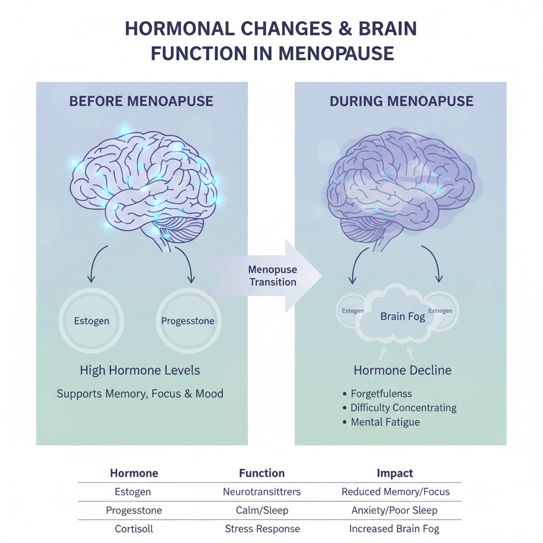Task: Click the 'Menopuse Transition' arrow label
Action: pos(273,276)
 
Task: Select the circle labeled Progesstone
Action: pos(187,321)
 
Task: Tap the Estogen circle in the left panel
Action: pos(92,321)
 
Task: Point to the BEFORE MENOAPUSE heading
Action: pos(141,101)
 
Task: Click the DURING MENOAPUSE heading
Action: pos(401,101)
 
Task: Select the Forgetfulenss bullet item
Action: pos(381,394)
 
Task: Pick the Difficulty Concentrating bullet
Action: pos(403,408)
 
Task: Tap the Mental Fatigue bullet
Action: pos(385,422)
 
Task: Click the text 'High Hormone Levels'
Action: pos(140,370)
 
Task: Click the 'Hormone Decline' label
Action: pos(402,370)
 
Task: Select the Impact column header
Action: pos(395,473)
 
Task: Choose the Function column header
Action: pos(261,473)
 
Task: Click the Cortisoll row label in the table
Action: pos(134,529)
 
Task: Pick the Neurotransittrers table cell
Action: pos(261,492)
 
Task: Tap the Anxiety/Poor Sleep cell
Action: pos(395,510)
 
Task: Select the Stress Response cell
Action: pos(262,529)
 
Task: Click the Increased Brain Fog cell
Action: pos(394,529)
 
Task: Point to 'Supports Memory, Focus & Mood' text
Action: pos(140,394)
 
